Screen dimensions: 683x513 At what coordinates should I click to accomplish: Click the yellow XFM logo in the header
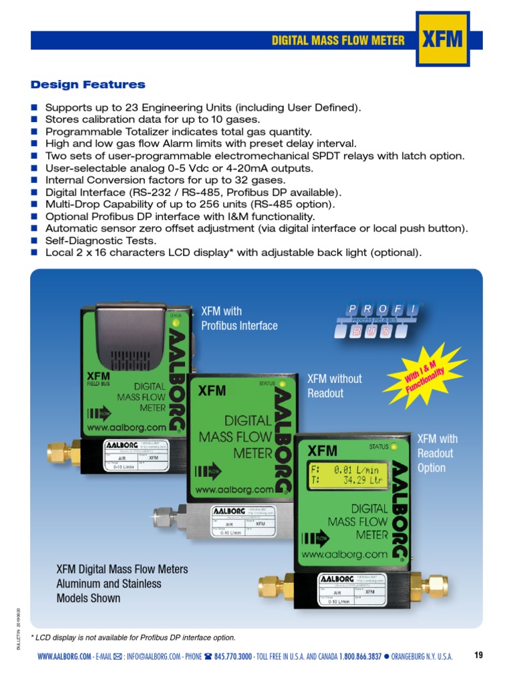click(442, 39)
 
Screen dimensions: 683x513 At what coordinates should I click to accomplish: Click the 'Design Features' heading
click(88, 85)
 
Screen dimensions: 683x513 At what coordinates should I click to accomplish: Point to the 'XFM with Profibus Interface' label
click(239, 318)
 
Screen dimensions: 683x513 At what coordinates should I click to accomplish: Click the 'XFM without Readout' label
click(334, 386)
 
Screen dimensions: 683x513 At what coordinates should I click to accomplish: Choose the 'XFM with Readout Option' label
click(438, 453)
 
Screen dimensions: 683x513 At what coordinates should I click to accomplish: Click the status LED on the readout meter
click(394, 446)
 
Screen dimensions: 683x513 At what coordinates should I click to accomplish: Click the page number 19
click(478, 655)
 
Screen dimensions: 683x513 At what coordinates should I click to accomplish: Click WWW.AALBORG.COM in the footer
click(64, 656)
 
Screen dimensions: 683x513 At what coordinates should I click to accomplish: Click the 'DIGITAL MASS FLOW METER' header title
click(337, 41)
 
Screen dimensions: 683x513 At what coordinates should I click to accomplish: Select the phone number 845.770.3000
click(233, 656)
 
